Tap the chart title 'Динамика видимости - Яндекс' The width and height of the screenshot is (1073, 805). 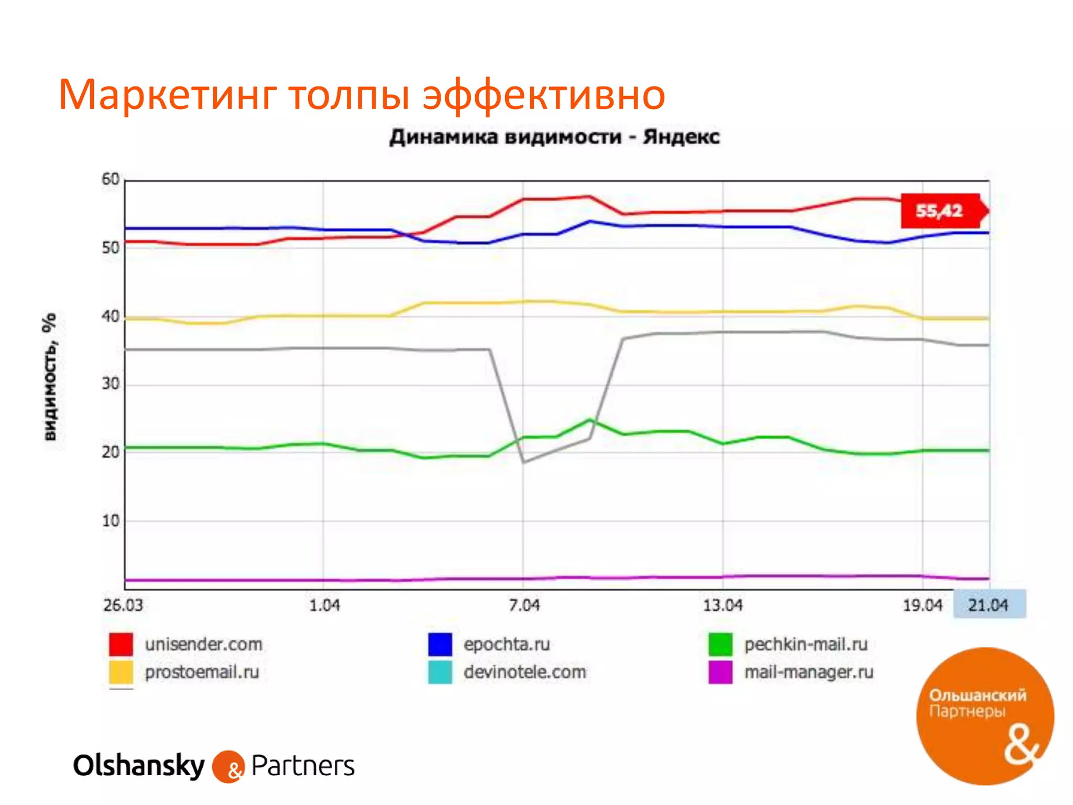554,137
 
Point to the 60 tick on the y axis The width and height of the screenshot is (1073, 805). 111,179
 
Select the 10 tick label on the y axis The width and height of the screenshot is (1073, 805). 111,521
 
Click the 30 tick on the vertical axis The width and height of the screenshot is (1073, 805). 111,384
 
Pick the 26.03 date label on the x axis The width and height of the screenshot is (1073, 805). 123,605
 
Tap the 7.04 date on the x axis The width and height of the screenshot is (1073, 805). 524,605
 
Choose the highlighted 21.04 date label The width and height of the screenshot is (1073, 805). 988,605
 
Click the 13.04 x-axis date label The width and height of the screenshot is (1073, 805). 723,605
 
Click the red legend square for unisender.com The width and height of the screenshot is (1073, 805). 121,644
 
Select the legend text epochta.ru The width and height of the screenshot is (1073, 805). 507,644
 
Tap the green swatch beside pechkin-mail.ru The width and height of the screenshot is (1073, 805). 720,644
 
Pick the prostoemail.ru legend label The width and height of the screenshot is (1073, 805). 202,672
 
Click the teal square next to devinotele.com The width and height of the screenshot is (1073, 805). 440,672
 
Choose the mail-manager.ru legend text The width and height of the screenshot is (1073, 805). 809,672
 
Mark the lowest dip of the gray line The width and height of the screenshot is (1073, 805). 523,462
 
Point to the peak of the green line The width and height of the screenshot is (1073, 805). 590,419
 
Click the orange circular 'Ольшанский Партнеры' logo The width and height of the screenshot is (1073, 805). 985,716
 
